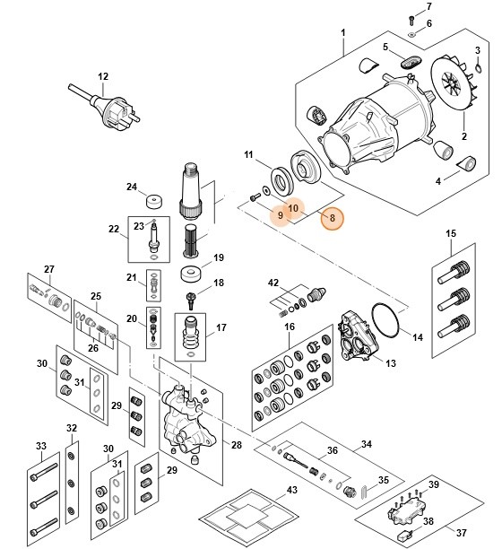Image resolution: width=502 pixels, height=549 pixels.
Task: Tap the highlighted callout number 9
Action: coord(280,216)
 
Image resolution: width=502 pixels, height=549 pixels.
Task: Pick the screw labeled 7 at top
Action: coord(411,19)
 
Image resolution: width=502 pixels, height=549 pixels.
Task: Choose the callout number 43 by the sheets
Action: coord(291,490)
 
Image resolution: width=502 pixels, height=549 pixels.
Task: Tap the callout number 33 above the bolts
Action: coord(39,446)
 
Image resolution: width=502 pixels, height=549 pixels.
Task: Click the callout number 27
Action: coord(49,268)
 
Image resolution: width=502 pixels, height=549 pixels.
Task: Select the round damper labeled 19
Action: coord(189,272)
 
